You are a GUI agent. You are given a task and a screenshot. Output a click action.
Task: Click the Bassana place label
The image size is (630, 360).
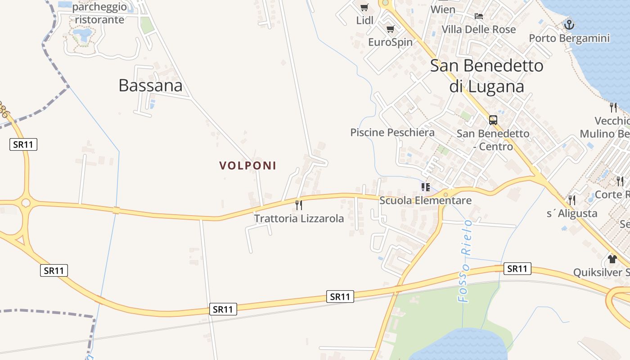[150, 85]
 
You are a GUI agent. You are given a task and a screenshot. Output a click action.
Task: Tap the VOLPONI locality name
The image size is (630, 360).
[247, 166]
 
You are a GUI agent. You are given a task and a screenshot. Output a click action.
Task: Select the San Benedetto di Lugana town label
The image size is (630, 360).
[487, 75]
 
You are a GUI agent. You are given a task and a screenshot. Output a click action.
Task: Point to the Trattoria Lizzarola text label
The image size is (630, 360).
[299, 219]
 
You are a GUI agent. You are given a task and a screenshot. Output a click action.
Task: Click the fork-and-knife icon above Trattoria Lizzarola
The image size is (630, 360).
[299, 205]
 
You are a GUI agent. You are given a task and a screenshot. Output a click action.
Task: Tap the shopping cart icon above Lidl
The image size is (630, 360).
[364, 7]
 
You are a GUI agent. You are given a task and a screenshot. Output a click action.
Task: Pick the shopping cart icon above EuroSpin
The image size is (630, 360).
[390, 29]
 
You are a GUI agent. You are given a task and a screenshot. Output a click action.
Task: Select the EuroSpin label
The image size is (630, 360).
[390, 42]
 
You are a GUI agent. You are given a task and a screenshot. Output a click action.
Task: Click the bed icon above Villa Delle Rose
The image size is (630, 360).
[479, 16]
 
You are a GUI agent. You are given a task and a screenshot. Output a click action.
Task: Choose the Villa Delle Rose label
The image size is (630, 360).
[479, 30]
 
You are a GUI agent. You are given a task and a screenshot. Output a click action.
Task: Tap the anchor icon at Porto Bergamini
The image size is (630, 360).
[569, 25]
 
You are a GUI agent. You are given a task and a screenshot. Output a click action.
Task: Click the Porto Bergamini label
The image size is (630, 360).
[569, 38]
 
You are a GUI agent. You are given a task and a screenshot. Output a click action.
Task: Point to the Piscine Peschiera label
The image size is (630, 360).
[392, 132]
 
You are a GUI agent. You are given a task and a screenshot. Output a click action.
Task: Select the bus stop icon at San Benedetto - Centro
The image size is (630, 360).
[493, 120]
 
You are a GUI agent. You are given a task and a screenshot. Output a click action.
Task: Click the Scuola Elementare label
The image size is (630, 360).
[425, 200]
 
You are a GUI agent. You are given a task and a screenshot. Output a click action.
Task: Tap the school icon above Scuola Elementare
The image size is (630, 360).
[425, 187]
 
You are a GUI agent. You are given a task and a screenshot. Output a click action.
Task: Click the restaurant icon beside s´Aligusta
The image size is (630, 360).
[572, 200]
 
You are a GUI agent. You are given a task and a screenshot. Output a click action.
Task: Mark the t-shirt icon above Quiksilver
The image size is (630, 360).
[612, 259]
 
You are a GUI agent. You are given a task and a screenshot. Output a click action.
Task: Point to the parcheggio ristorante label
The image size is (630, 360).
[99, 13]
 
